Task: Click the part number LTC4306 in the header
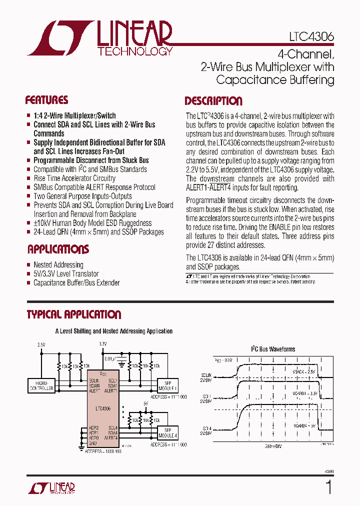pos(311,37)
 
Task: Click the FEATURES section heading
pos(46,100)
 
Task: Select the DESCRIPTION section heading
pos(213,101)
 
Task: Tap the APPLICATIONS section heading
pos(58,249)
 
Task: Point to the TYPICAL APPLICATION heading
pos(73,314)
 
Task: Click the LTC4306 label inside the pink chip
pos(103,408)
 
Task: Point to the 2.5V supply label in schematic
pos(41,344)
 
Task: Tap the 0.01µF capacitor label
pos(110,358)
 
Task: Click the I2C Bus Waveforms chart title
pos(272,349)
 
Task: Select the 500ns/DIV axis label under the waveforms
pos(272,446)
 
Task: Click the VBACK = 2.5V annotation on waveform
pos(304,371)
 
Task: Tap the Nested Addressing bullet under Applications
pos(58,265)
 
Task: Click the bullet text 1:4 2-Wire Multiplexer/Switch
pos(74,115)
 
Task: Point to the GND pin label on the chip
pos(93,443)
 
